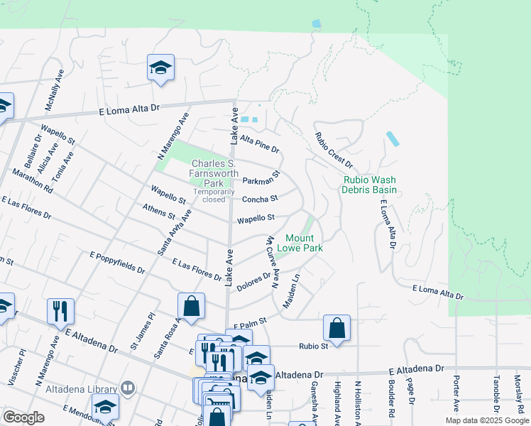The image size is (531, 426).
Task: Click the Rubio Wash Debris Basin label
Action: tap(368, 185)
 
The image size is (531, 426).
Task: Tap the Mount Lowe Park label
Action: tap(304, 243)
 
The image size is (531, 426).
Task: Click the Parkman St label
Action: tap(262, 177)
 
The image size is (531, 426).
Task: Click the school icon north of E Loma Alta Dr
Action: tap(160, 69)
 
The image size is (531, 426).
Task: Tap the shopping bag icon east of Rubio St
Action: tap(336, 328)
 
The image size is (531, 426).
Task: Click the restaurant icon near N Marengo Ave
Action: tap(60, 310)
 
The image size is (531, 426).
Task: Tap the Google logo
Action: tap(23, 418)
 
